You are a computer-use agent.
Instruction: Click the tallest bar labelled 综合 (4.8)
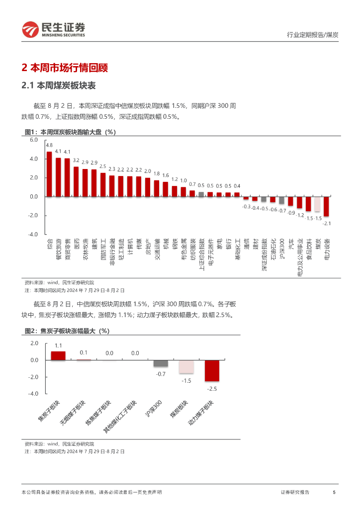[x=49, y=174]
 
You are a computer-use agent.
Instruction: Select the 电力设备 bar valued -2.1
[x=326, y=206]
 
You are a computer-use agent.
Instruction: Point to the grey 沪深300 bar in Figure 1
[x=281, y=200]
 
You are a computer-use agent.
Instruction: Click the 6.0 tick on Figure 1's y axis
[x=34, y=140]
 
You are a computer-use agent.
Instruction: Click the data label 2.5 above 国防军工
[x=103, y=167]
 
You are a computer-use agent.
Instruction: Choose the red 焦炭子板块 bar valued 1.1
[x=58, y=355]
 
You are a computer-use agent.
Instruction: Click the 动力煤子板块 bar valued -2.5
[x=212, y=370]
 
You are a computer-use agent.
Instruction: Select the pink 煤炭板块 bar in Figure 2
[x=186, y=366]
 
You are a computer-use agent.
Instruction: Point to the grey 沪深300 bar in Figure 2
[x=161, y=363]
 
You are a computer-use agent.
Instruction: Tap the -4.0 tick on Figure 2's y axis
[x=34, y=394]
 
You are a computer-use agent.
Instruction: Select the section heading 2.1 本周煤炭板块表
[x=59, y=85]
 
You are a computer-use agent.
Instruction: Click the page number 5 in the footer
[x=334, y=492]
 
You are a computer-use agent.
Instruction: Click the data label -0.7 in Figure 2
[x=161, y=373]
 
